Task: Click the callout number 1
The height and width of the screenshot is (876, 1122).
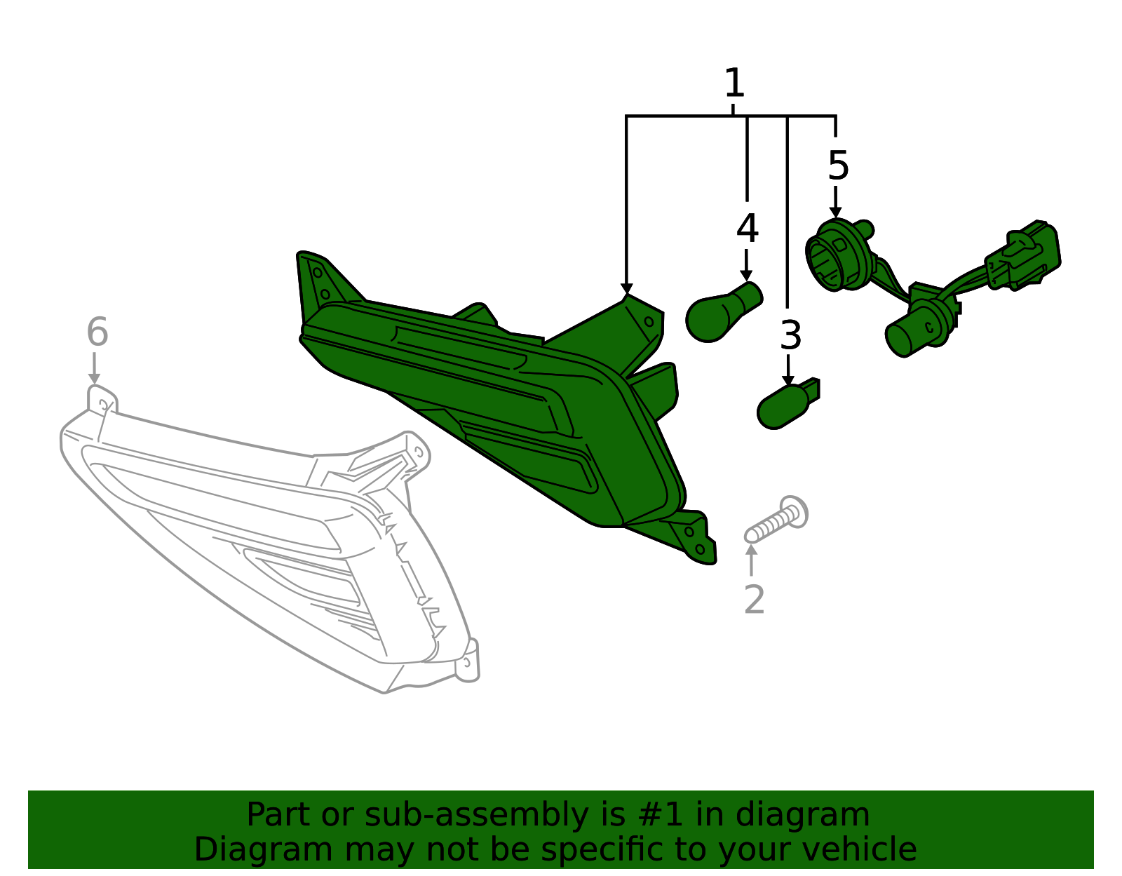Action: pos(734,83)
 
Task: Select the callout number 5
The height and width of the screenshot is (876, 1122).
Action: pos(838,166)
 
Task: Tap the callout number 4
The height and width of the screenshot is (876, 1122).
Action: pos(747,228)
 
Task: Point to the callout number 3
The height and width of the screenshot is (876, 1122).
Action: pos(790,335)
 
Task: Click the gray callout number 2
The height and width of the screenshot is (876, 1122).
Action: pos(754,600)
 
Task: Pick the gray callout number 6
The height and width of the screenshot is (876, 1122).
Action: pos(97,332)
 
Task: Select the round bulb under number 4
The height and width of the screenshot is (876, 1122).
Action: pos(723,312)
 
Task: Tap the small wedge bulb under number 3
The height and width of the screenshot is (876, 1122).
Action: pos(788,405)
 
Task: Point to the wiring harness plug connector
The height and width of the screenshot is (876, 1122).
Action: pos(1022,255)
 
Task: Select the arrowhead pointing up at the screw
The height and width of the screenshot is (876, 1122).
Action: pos(752,549)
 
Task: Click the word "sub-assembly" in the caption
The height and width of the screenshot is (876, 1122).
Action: pos(475,815)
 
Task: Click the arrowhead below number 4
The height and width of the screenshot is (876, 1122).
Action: pos(745,275)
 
